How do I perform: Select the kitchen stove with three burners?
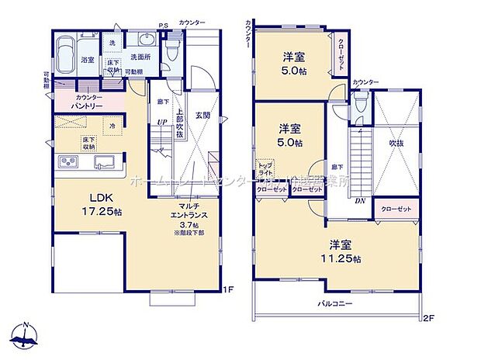pyautogui.click(x=68, y=161)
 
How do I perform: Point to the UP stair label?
pyautogui.click(x=161, y=122)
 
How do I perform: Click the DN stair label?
pyautogui.click(x=359, y=201)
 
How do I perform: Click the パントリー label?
pyautogui.click(x=90, y=104)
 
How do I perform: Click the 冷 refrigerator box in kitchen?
pyautogui.click(x=112, y=127)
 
